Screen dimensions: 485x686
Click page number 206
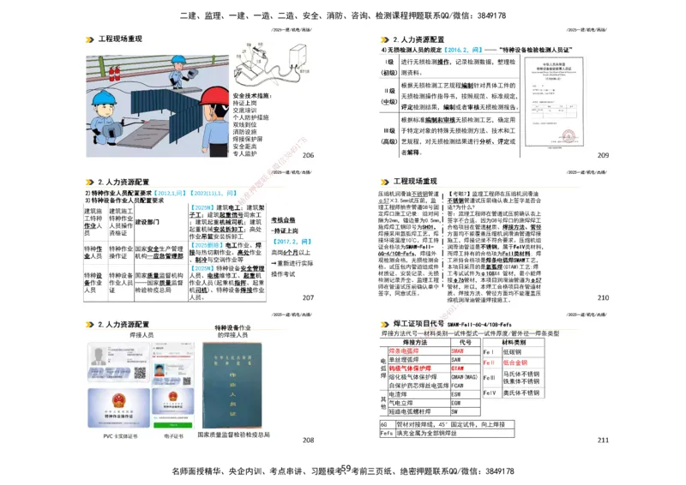click(x=308, y=155)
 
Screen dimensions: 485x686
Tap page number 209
click(x=603, y=155)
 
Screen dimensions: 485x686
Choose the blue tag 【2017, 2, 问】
click(x=291, y=242)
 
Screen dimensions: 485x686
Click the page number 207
click(x=308, y=297)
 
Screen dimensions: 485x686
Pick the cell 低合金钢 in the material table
click(x=516, y=362)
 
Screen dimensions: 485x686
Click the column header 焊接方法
click(x=413, y=342)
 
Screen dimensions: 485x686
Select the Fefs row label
click(x=387, y=434)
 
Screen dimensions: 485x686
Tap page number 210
click(x=603, y=297)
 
